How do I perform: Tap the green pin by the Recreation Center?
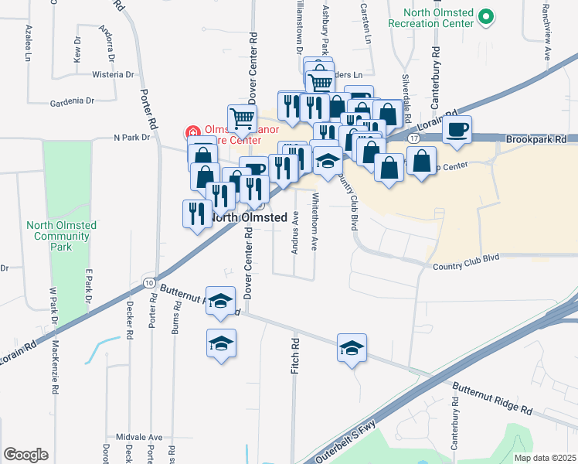485,15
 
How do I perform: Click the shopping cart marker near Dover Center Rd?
242,118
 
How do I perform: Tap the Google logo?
25,455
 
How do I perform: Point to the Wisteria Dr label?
113,74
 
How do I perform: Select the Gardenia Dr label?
72,101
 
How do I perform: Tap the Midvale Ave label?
140,437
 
